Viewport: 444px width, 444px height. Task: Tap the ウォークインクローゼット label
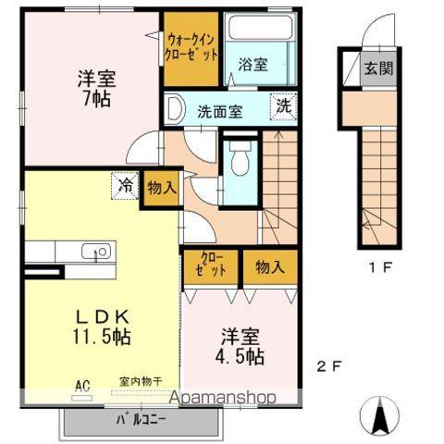tap(192, 46)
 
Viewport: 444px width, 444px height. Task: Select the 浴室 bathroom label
tap(253, 66)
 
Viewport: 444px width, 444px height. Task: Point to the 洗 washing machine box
tap(283, 105)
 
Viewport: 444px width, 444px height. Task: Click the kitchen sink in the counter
tap(96, 251)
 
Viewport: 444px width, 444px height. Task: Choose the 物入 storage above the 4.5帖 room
tap(268, 267)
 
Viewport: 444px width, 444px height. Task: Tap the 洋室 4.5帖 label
tap(242, 345)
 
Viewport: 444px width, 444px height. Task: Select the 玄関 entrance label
tap(376, 68)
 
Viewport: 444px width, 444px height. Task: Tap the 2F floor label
tap(330, 366)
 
